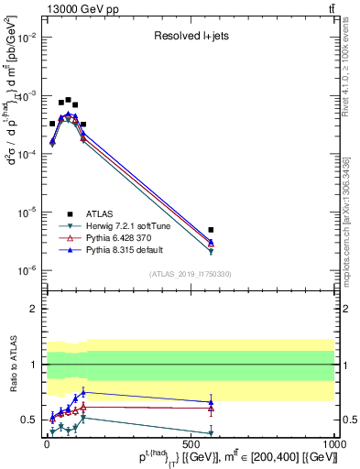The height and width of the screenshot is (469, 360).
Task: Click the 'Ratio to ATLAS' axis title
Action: click(11, 365)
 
